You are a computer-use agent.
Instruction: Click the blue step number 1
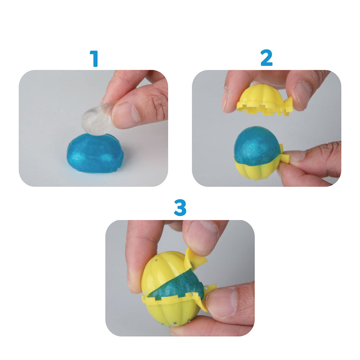(x=94, y=59)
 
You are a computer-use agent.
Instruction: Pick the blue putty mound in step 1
(x=95, y=154)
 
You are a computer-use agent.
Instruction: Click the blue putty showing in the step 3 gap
(x=180, y=288)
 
